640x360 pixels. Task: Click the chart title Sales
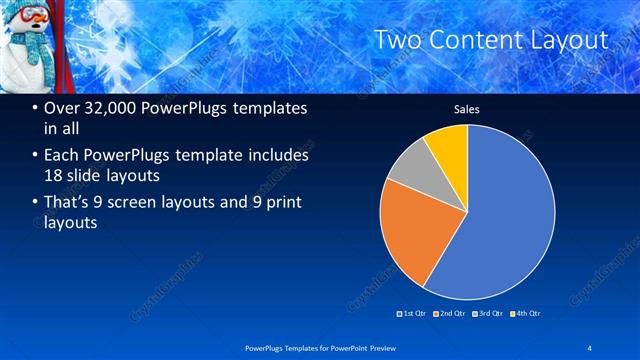click(x=467, y=109)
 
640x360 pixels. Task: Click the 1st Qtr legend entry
click(x=413, y=314)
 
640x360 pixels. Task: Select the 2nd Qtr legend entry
click(x=450, y=314)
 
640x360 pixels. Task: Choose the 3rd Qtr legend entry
click(x=487, y=314)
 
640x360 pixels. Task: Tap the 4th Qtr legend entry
click(x=524, y=314)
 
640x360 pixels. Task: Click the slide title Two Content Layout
click(x=490, y=40)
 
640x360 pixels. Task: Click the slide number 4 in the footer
click(x=589, y=347)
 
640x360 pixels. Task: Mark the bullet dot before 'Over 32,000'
click(x=36, y=109)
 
